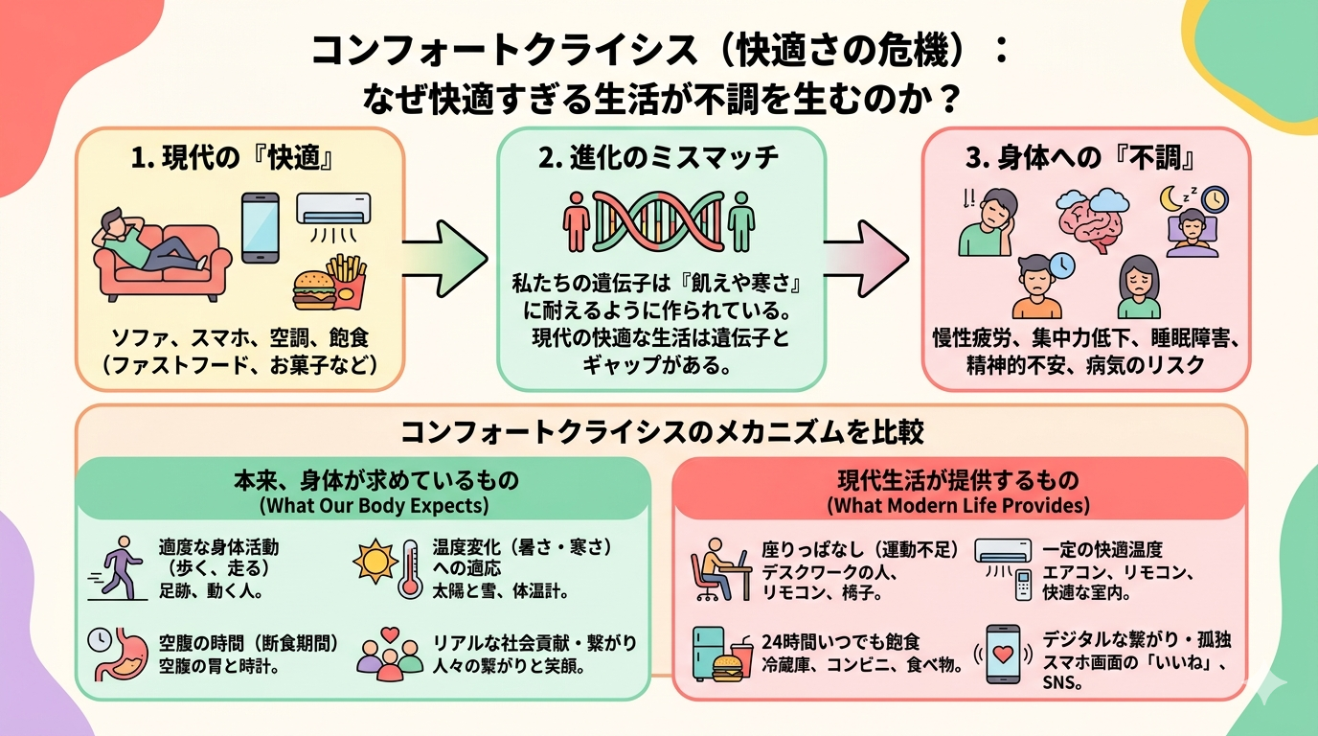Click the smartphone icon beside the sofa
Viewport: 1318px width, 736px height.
260,227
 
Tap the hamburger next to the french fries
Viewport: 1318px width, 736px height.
312,288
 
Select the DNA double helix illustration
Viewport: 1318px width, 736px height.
658,221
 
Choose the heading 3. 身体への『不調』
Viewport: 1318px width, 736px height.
1084,157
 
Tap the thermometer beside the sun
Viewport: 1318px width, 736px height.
411,569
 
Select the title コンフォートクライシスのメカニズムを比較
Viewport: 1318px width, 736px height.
661,432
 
